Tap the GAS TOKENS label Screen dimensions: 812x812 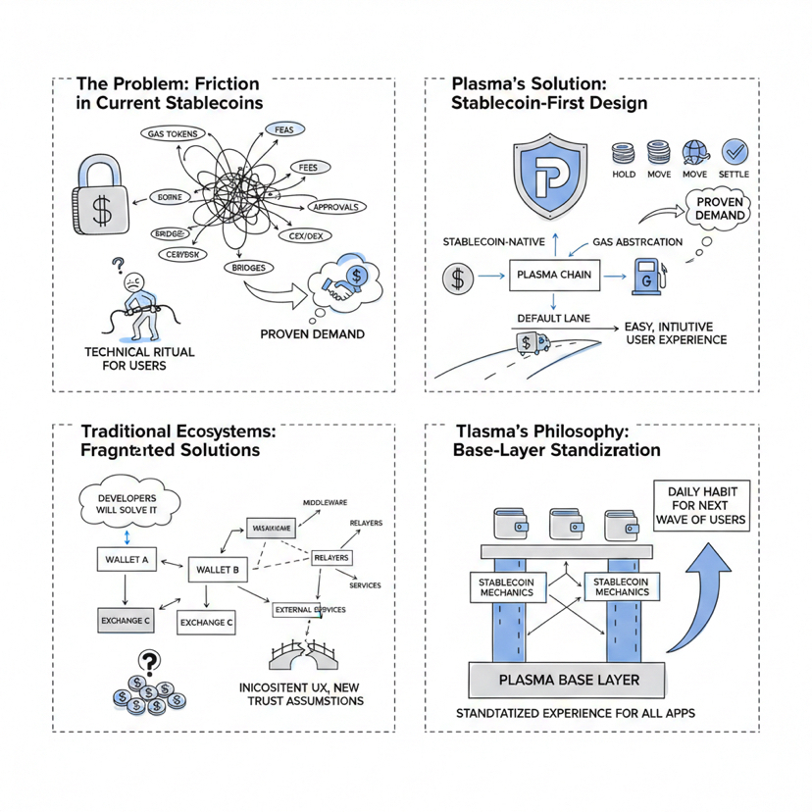pos(174,134)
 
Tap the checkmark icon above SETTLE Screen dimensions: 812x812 pos(734,152)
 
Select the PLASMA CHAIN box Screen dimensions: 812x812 pos(554,275)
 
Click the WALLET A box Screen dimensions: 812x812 pos(125,560)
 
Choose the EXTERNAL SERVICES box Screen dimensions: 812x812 pos(309,610)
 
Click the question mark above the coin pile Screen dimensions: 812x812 pos(149,662)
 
